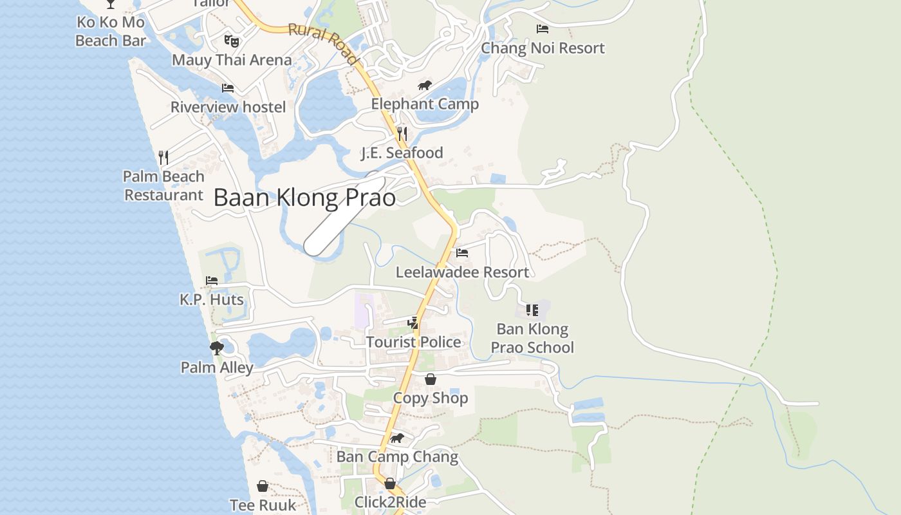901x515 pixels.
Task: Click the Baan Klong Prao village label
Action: click(x=304, y=198)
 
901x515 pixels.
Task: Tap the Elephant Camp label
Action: click(x=425, y=104)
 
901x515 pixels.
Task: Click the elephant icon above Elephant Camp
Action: click(x=424, y=86)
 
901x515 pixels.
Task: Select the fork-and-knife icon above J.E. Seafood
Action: click(x=402, y=133)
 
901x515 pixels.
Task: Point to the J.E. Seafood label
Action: click(x=402, y=153)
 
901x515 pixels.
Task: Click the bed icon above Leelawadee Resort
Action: click(x=462, y=253)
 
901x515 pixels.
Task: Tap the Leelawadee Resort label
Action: click(x=462, y=272)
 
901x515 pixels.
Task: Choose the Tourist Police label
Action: click(x=413, y=342)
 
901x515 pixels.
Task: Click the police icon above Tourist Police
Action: click(x=413, y=323)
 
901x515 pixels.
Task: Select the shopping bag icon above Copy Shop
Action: click(x=431, y=379)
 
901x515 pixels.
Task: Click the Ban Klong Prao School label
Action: click(x=532, y=338)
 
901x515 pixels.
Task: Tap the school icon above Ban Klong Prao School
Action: click(x=532, y=310)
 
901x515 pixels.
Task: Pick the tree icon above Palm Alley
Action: click(x=217, y=348)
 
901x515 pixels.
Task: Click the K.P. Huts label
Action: click(x=212, y=299)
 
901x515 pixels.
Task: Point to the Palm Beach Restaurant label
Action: click(x=163, y=185)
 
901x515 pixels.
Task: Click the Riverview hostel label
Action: click(x=228, y=107)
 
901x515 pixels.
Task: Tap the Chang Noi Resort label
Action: click(x=543, y=48)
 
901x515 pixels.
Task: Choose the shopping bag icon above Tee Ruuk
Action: click(x=263, y=486)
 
